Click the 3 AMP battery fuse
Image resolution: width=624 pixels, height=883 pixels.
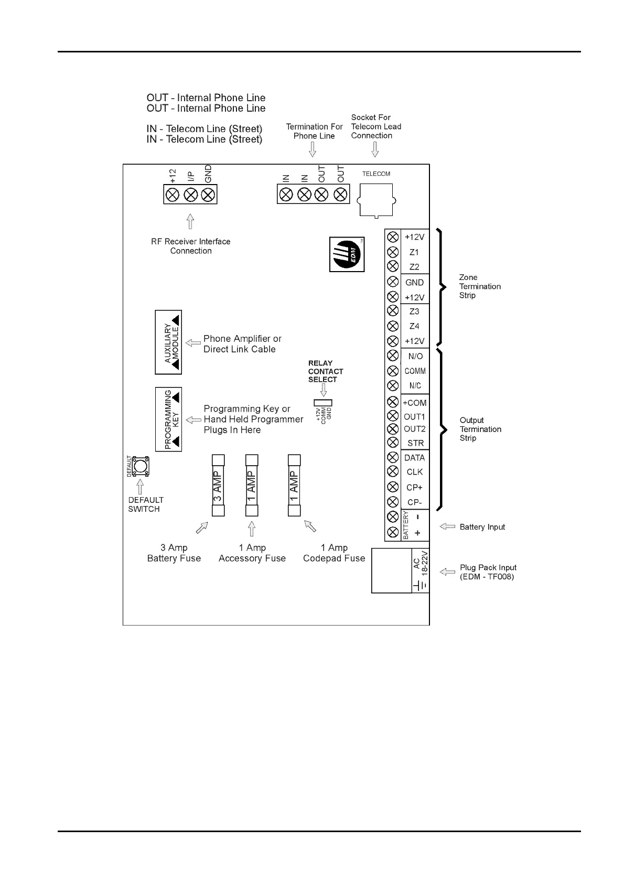[x=218, y=486]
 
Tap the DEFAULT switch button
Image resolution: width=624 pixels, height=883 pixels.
[x=140, y=466]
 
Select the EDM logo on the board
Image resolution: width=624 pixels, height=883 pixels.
[x=347, y=254]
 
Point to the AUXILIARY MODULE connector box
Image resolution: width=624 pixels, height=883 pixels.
[x=168, y=342]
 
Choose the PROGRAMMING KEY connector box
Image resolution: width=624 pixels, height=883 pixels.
[x=168, y=419]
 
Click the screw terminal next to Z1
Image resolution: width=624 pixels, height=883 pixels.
[x=392, y=252]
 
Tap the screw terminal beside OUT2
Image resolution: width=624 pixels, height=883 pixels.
[x=392, y=429]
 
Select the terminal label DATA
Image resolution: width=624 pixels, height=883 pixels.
[x=414, y=458]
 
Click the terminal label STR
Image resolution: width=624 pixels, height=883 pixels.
[x=415, y=443]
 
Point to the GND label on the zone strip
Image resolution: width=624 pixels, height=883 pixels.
[x=414, y=283]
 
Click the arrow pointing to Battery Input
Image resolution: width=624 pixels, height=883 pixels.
[x=447, y=526]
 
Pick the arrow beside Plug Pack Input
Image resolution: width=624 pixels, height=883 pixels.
[x=447, y=572]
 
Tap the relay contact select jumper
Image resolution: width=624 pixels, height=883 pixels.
[x=323, y=403]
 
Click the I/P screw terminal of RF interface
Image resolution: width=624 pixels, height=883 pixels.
[x=190, y=195]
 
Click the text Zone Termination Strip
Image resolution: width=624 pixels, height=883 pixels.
[x=479, y=286]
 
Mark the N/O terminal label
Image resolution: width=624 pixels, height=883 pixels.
[x=415, y=357]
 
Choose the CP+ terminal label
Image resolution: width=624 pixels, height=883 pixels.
[x=414, y=488]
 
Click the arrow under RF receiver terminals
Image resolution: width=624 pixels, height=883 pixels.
[x=190, y=221]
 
